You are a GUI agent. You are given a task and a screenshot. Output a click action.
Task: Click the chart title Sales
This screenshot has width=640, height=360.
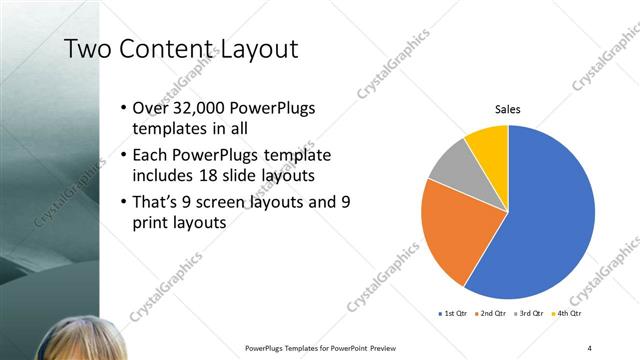click(x=508, y=110)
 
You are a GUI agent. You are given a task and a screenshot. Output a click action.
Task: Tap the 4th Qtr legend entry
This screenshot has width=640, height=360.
click(x=571, y=314)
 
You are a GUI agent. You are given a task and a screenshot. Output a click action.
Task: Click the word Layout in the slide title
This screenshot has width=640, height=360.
click(x=256, y=49)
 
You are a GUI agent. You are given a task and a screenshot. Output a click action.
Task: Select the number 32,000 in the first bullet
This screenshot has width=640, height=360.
click(x=201, y=109)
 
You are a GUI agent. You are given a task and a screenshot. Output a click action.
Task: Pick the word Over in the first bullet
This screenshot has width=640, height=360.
click(x=151, y=109)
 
